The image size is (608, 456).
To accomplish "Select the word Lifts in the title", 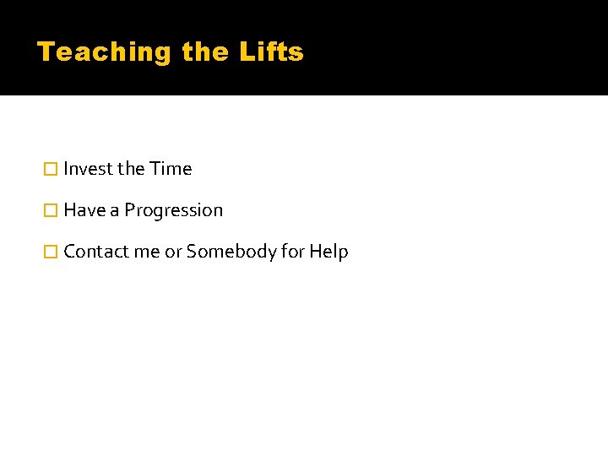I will (271, 52).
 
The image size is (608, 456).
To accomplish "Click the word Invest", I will (88, 169).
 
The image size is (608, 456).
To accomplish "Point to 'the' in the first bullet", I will (131, 169).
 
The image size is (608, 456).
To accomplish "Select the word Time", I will (171, 169).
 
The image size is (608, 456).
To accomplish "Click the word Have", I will (84, 210).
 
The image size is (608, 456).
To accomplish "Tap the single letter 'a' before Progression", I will (115, 211).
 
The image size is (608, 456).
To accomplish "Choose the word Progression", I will (174, 211).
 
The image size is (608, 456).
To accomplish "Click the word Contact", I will (95, 252).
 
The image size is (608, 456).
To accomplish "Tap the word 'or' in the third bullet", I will (173, 252).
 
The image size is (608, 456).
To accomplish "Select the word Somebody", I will (226, 252).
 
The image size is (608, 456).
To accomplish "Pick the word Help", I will (328, 252).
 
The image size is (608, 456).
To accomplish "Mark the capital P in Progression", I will (130, 210).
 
